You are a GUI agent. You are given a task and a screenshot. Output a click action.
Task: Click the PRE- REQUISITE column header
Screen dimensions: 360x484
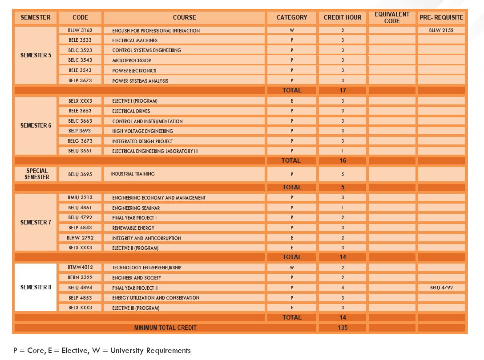[441, 17]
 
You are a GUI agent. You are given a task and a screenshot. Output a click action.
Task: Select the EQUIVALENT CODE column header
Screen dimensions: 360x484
[391, 17]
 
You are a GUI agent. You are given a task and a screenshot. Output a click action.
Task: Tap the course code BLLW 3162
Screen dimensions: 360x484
[80, 30]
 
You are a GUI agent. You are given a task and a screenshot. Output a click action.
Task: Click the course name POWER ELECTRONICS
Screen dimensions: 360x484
[134, 70]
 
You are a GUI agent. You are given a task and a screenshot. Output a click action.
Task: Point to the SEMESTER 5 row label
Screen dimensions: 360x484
[36, 56]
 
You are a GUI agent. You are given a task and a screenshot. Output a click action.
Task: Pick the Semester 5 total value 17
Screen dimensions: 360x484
[343, 90]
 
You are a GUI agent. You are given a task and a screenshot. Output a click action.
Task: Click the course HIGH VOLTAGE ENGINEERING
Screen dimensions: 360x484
[142, 131]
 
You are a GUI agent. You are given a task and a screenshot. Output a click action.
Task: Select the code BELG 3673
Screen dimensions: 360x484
[80, 141]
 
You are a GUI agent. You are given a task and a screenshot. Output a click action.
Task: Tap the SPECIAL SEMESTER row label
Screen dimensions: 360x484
[36, 174]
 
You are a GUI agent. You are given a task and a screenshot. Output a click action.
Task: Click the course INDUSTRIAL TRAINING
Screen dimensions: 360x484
[133, 174]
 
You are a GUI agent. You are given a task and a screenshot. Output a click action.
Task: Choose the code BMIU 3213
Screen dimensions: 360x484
[80, 197]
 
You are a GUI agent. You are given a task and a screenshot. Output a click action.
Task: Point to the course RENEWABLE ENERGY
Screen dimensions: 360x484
[133, 228]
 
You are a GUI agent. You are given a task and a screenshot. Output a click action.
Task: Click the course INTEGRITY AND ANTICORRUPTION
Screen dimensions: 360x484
[146, 238]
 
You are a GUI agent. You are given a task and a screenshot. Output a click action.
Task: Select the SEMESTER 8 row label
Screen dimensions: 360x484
[36, 287]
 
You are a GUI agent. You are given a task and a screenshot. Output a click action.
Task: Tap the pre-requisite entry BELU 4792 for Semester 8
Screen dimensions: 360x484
[441, 288]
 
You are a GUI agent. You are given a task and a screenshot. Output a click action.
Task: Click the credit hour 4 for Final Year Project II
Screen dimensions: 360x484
[343, 288]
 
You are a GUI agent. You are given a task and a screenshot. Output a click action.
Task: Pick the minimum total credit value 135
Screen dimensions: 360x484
[343, 328]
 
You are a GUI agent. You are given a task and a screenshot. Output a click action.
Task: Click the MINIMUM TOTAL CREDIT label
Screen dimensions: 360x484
[165, 328]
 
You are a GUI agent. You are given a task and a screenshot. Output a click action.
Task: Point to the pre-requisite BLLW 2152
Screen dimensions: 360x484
[441, 30]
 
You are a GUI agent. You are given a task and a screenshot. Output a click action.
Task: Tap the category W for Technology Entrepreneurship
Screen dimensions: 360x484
[292, 268]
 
